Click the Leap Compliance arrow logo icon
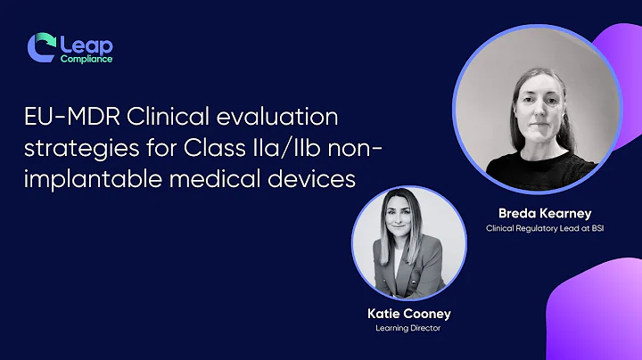click(41, 47)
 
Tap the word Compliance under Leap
click(86, 60)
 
